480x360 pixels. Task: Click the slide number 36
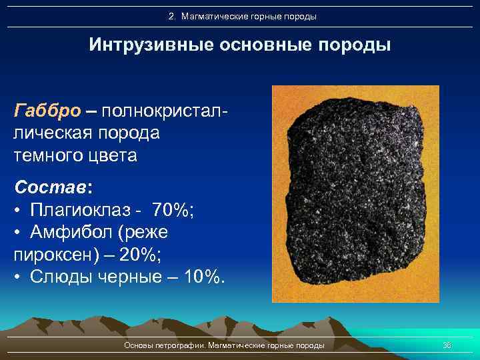point(447,345)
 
